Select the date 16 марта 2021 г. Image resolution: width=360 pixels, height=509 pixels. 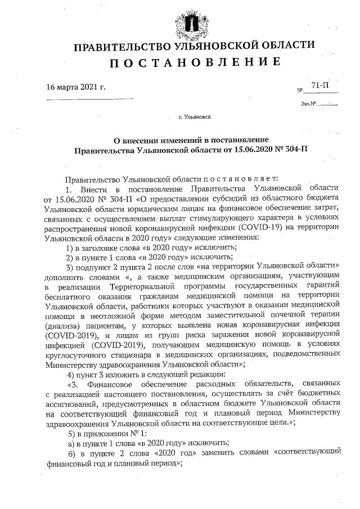tap(76, 87)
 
